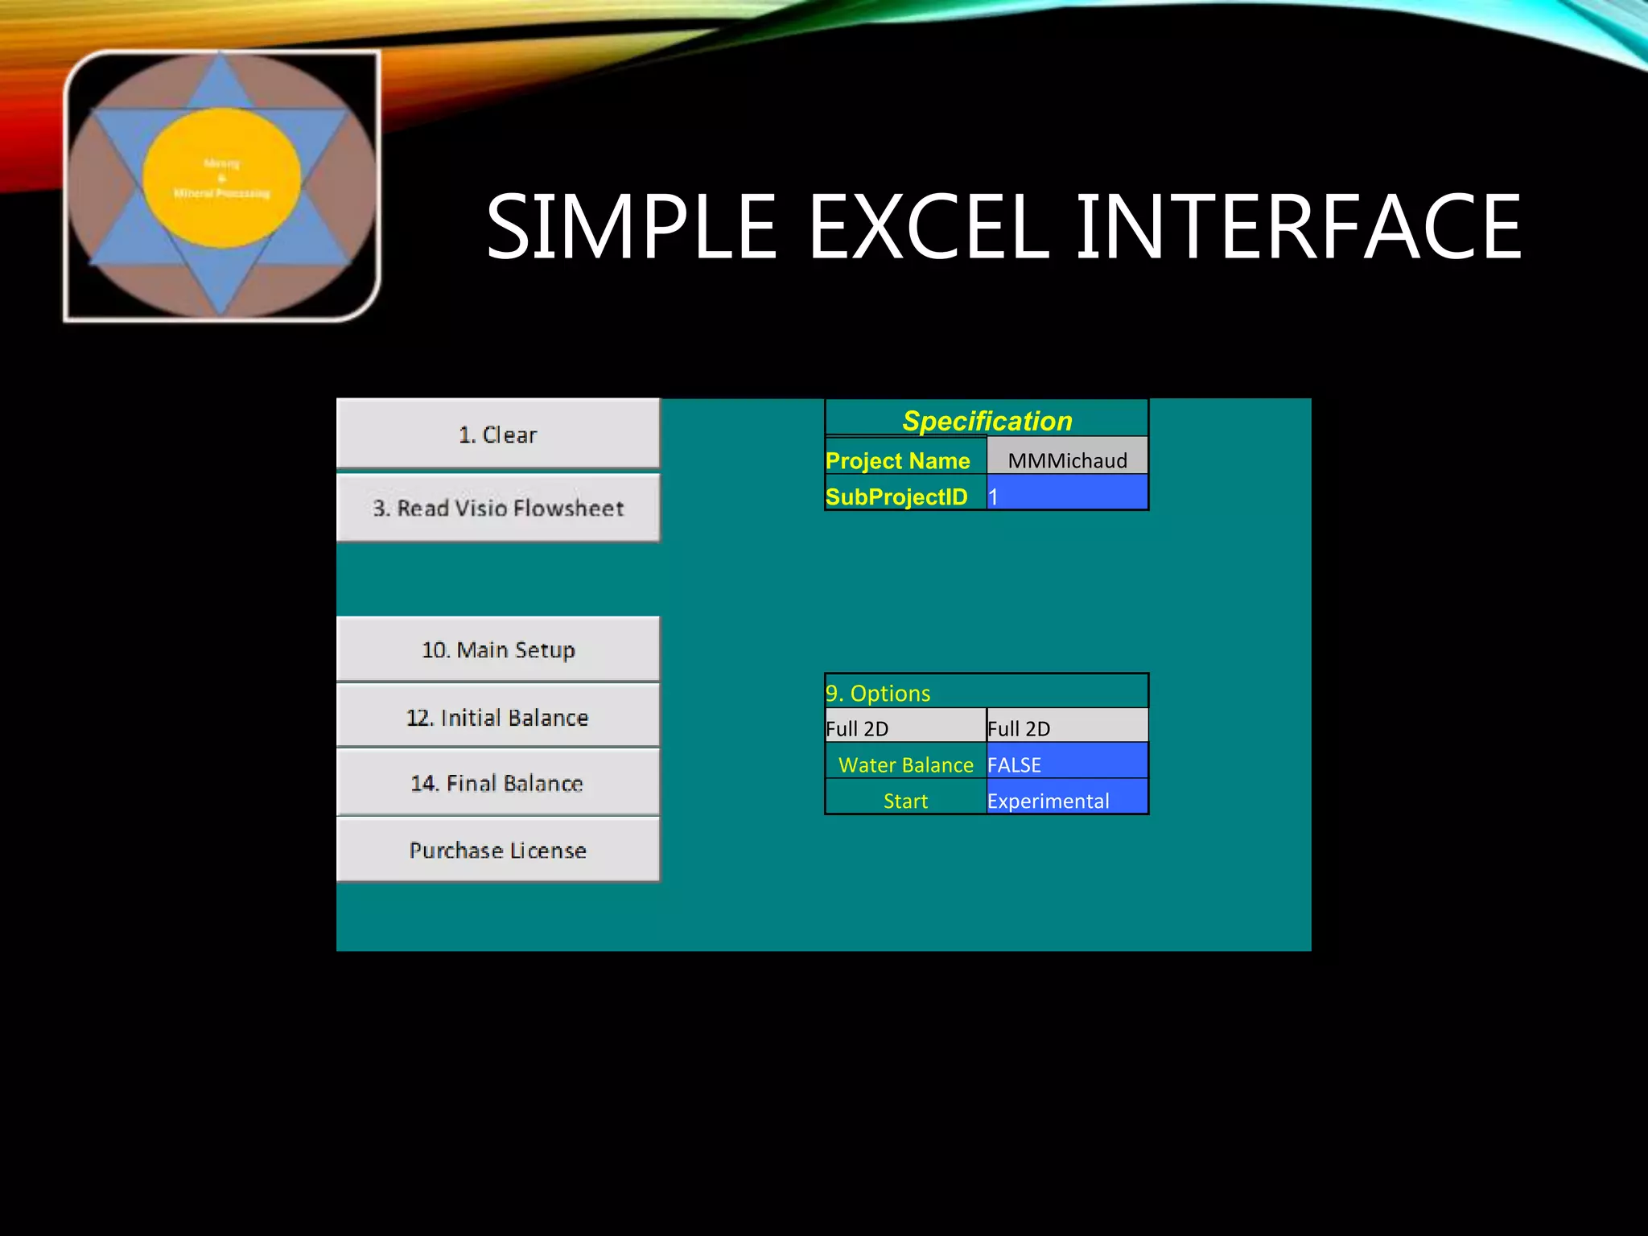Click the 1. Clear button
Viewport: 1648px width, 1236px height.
497,434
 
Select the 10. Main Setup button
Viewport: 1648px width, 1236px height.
497,649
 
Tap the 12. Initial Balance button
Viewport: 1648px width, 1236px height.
497,717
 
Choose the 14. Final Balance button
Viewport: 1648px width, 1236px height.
497,783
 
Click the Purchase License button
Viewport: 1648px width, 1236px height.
497,850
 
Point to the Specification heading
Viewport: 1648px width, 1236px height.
987,420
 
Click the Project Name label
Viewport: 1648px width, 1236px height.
898,460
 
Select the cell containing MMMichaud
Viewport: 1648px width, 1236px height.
1067,459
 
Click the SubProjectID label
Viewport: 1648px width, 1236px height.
896,496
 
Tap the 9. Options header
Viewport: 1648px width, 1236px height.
879,693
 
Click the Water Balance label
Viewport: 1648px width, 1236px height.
905,764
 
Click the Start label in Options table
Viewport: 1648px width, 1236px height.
905,801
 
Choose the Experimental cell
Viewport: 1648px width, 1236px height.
1067,800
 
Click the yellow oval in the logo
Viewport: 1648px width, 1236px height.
222,178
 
